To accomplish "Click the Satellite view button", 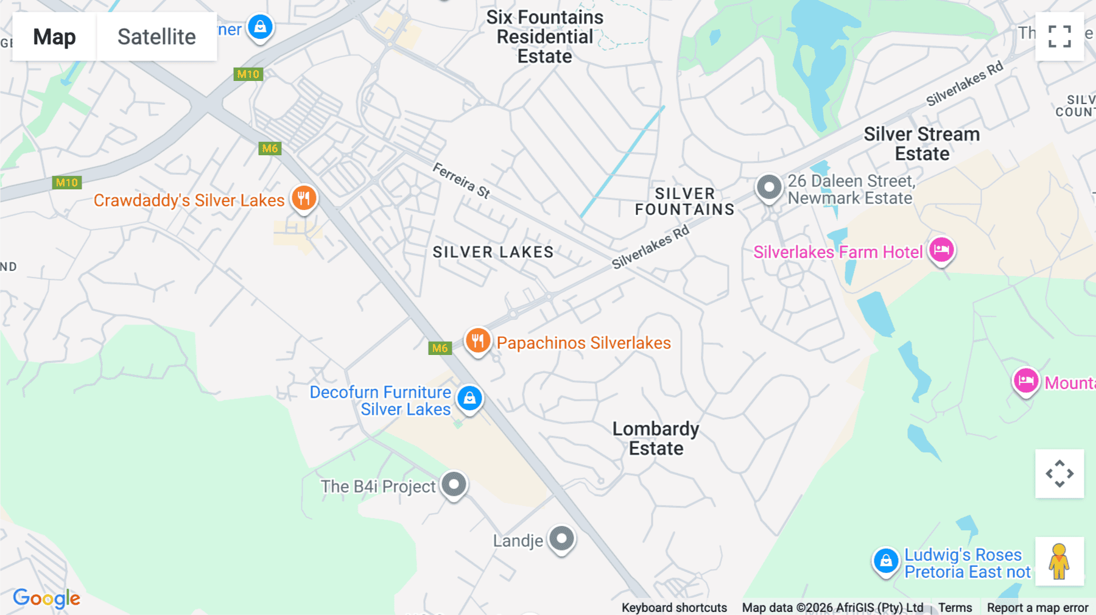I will pos(156,37).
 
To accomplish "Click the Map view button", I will pos(54,37).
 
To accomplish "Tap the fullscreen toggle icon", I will pos(1059,37).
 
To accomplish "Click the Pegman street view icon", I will pos(1059,561).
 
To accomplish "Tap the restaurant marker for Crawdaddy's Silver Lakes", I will pos(304,198).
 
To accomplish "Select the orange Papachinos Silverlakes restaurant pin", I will pos(478,341).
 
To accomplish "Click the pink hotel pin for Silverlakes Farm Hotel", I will pos(941,250).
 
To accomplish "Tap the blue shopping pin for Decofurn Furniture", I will pos(469,398).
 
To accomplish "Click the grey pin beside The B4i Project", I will pos(454,485).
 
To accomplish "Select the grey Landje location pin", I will pos(561,538).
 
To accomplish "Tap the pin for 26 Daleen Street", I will pos(769,187).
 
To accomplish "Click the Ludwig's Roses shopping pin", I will pos(886,560).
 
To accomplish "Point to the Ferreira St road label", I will pos(461,180).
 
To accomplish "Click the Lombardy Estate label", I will pos(656,438).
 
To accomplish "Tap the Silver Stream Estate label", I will pos(922,144).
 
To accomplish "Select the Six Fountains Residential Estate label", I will pos(545,37).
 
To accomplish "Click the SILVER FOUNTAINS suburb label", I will pos(685,202).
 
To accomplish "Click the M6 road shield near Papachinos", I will pos(440,348).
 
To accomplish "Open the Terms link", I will pos(955,608).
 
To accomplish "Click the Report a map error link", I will pos(1038,608).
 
